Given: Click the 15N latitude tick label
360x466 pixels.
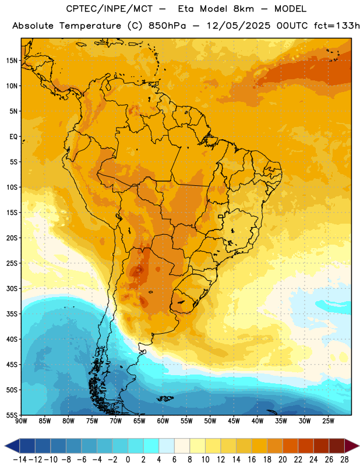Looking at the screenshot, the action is click(12, 61).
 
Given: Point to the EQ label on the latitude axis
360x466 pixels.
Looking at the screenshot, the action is click(13, 137).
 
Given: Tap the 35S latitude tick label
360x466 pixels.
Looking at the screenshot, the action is click(12, 314).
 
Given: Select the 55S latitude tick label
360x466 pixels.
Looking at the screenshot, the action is click(12, 415).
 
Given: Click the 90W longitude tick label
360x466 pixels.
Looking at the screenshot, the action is click(21, 421).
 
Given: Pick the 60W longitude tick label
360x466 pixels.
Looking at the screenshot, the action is click(163, 421).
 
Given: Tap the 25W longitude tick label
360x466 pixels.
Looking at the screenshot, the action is click(328, 421).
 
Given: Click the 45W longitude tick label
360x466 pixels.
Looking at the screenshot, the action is click(234, 421).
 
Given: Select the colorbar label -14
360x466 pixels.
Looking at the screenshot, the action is click(20, 460).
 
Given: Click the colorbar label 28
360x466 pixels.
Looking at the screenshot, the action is click(344, 460).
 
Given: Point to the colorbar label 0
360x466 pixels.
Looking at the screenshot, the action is click(128, 460).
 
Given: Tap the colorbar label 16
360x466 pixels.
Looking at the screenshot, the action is click(252, 460).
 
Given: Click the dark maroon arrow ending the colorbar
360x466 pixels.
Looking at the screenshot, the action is click(351, 446).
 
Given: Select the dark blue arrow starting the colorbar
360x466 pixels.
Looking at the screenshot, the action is click(12, 446).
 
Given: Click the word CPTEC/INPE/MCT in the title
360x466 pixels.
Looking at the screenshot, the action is click(110, 9).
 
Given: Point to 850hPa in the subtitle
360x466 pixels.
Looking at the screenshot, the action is click(167, 26).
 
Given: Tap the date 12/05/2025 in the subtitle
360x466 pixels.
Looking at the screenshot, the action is click(238, 26).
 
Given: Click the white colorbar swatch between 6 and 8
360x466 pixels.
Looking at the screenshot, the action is click(182, 446).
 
